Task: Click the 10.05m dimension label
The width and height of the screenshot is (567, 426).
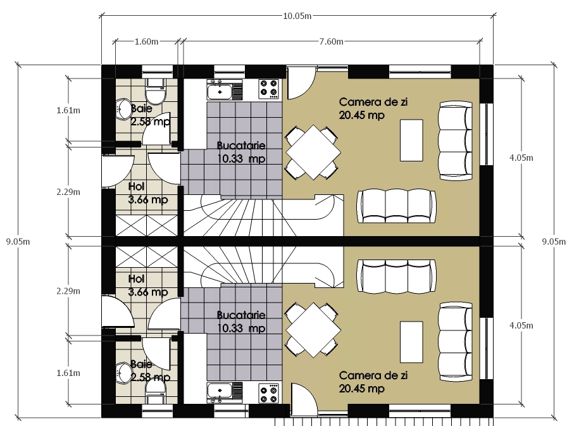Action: (297, 16)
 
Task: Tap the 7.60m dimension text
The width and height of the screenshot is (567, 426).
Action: (331, 42)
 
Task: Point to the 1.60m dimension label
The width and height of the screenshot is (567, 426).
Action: (146, 42)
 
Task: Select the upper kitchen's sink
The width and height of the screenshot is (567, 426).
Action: (225, 90)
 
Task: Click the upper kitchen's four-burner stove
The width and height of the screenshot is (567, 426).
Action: (269, 89)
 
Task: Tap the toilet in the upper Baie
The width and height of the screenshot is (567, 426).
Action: (156, 91)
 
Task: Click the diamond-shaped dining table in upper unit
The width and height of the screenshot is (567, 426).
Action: (313, 153)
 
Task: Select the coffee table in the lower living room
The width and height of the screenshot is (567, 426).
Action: (411, 342)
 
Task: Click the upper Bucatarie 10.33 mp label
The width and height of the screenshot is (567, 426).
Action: (241, 152)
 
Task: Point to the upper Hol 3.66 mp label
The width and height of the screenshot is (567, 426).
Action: (148, 193)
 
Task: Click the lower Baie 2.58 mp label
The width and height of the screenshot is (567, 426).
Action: (150, 370)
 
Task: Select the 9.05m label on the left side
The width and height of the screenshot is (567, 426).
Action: (18, 242)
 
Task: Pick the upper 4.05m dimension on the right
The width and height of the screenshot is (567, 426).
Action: (521, 158)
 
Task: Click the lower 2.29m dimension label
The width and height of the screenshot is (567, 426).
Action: (68, 291)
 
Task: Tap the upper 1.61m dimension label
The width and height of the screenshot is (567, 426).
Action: (68, 110)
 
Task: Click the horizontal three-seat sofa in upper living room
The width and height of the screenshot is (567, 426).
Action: (396, 206)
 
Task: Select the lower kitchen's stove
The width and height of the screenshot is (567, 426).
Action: (269, 393)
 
